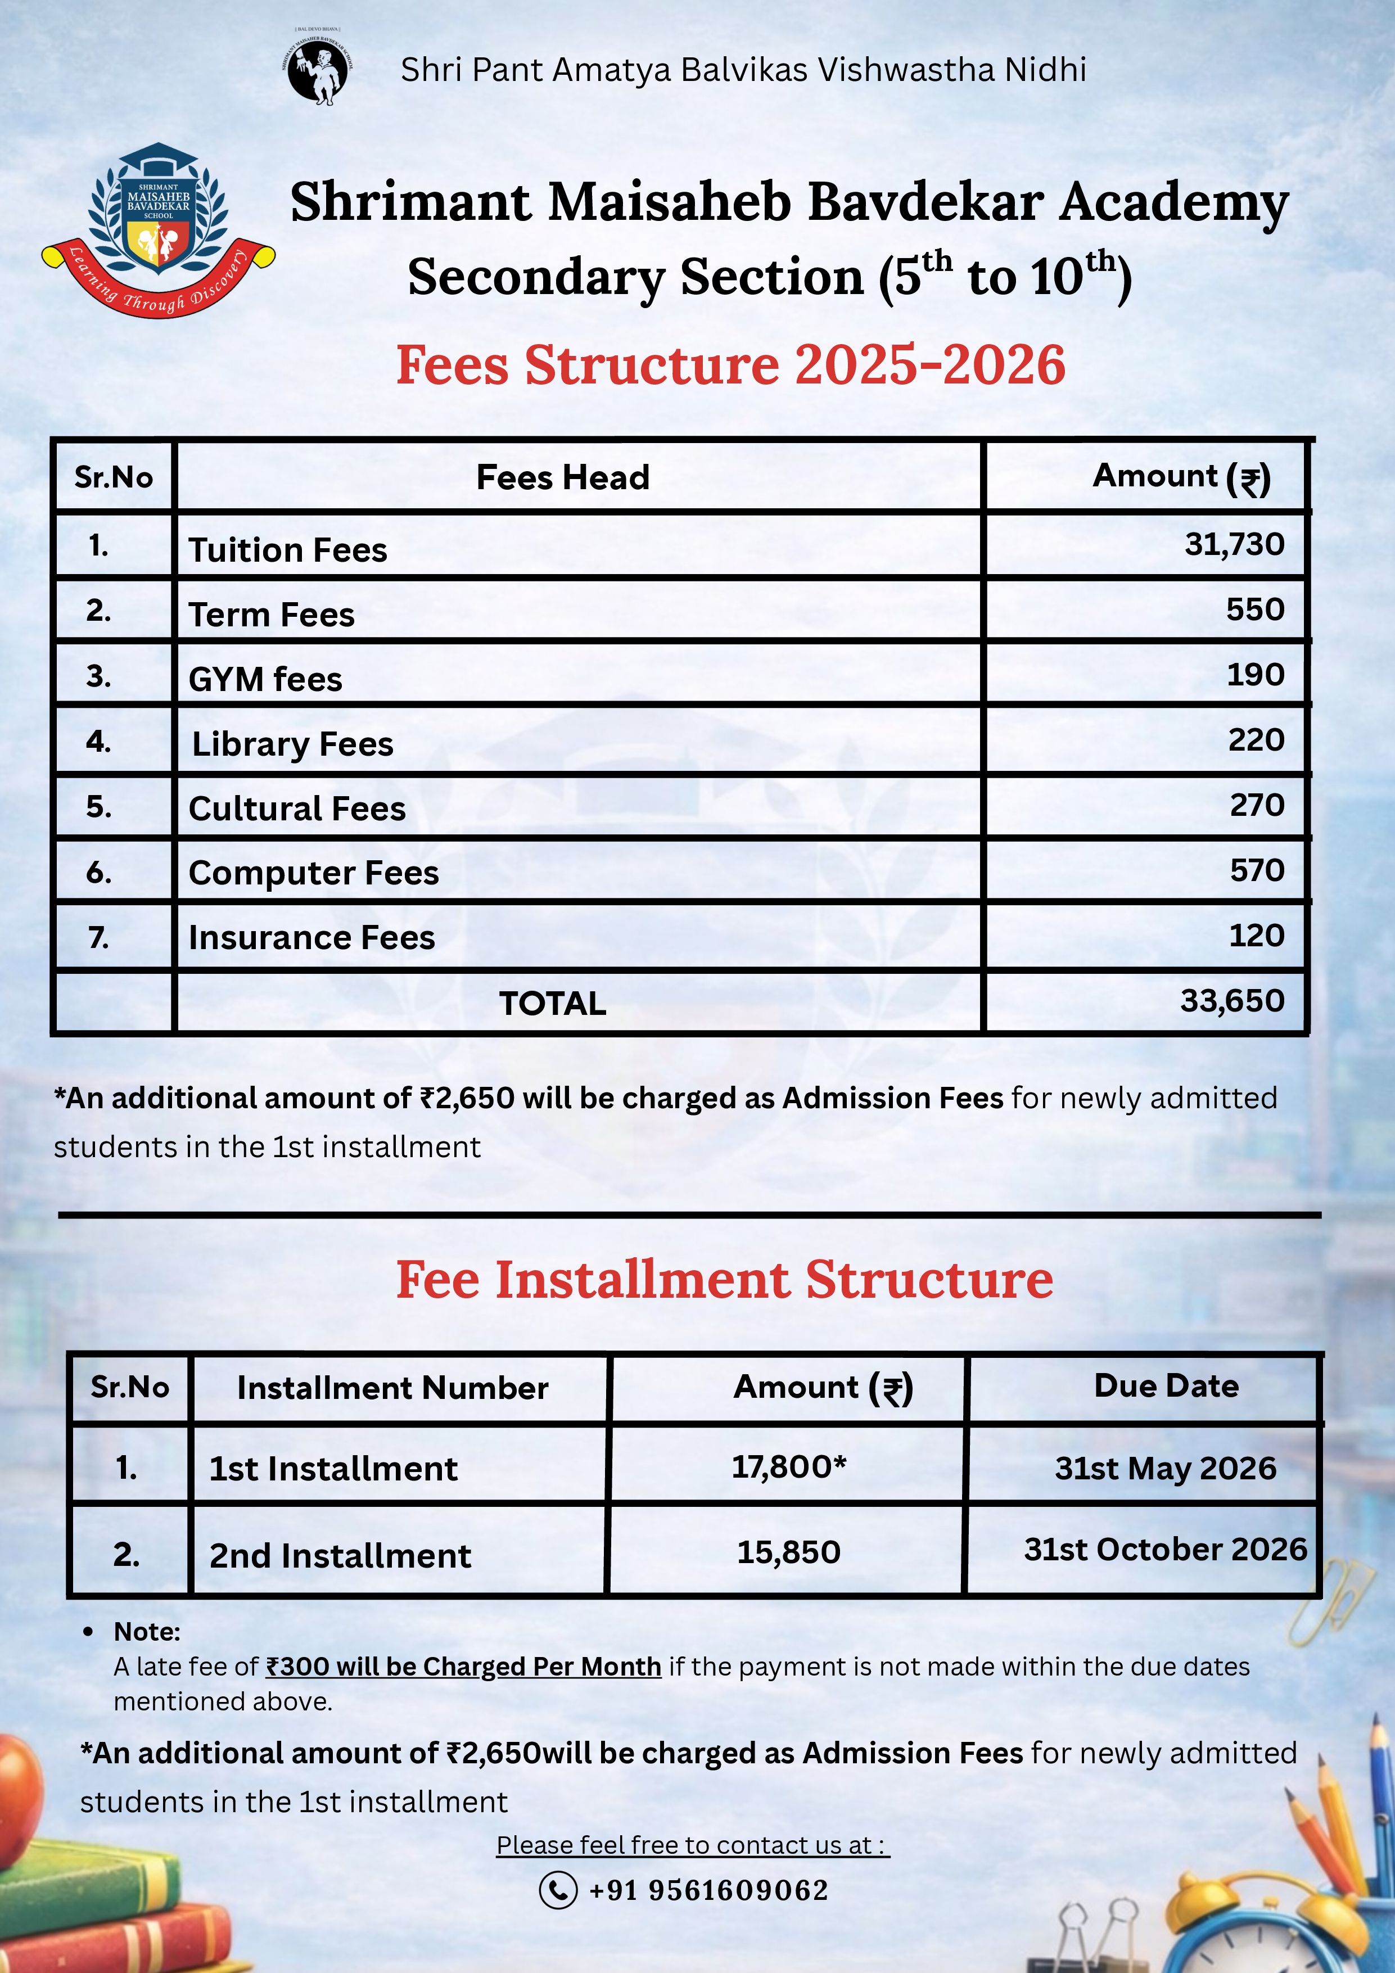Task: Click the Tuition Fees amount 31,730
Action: [x=1234, y=544]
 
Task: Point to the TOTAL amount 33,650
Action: [x=1232, y=1000]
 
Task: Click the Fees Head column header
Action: [x=563, y=478]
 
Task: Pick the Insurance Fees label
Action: [x=312, y=937]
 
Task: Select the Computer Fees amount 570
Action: [x=1257, y=870]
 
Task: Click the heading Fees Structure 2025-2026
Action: [x=730, y=364]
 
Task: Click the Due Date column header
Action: [x=1166, y=1386]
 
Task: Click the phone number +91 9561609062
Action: [x=708, y=1890]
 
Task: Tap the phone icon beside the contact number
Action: [x=558, y=1890]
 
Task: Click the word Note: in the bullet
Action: [x=147, y=1632]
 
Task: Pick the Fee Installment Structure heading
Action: [x=724, y=1280]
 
